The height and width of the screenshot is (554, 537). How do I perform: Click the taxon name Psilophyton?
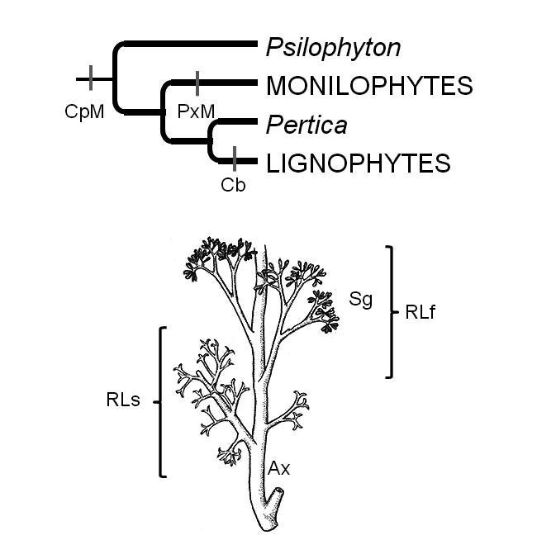tap(333, 48)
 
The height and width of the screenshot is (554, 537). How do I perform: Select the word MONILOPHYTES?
tap(369, 86)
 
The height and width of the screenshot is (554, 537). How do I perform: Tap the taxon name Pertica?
tap(305, 125)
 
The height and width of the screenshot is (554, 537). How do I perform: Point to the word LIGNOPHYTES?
tap(358, 163)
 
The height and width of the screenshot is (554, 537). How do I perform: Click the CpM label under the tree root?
tap(84, 111)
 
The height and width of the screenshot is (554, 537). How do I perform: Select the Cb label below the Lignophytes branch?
tap(233, 184)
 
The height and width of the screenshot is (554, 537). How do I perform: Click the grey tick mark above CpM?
tap(90, 80)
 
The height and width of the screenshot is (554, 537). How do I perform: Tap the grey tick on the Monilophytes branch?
tap(197, 83)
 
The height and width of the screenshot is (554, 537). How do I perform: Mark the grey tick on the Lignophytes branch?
tap(235, 158)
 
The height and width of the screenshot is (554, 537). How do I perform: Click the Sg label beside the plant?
tap(359, 300)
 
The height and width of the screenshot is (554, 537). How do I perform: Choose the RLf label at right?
tap(421, 312)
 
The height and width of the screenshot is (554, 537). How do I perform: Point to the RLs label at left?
tap(122, 400)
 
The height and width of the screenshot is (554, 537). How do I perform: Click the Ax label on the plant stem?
tap(278, 468)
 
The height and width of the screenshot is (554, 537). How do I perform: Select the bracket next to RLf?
tap(394, 311)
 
